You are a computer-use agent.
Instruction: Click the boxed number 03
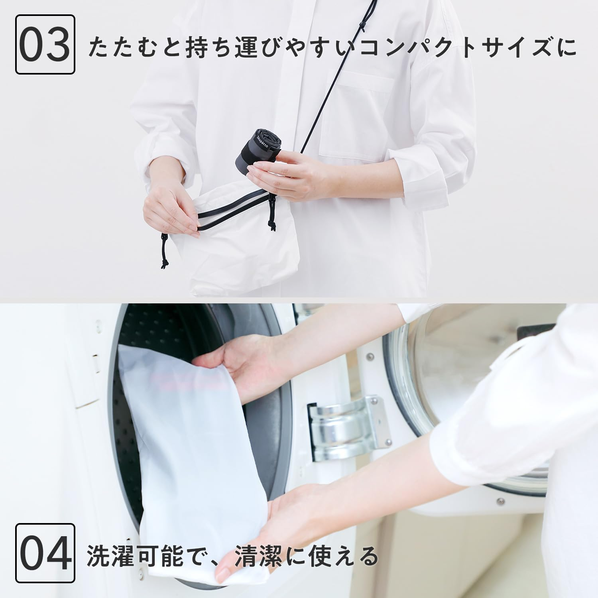(x=45, y=44)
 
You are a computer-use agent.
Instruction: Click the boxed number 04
(x=45, y=554)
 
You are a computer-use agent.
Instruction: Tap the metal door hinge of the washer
(x=343, y=427)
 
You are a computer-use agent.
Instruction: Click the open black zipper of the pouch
(x=235, y=205)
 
